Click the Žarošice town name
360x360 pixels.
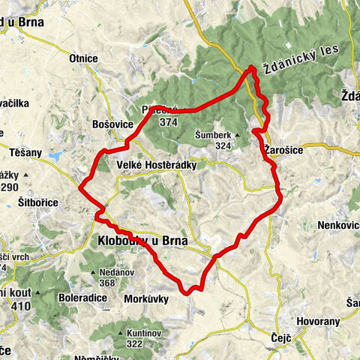coord(283,150)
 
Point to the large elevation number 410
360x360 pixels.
coord(20,306)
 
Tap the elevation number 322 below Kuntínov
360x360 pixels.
coord(134,343)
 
